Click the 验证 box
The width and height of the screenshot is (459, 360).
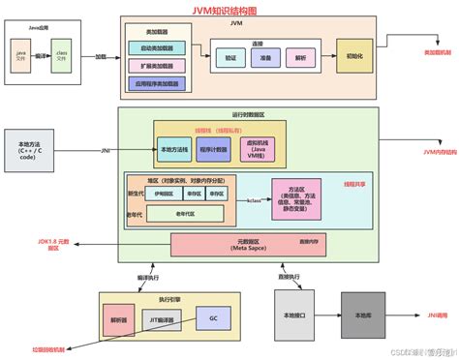tap(229, 57)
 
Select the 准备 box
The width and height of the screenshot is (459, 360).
tap(263, 57)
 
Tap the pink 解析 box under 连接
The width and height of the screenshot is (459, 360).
tap(297, 57)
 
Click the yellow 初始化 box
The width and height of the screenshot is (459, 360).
tap(352, 56)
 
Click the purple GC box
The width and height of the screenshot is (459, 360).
tap(212, 317)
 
